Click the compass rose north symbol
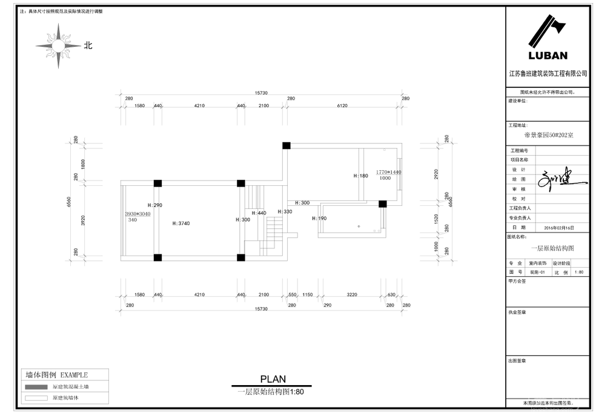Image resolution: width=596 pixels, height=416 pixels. coord(58,45)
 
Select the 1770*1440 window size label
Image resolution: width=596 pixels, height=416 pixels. coord(389,172)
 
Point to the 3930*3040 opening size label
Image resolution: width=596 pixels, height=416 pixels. coord(137,214)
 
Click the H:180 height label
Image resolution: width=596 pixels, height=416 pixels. coord(361,176)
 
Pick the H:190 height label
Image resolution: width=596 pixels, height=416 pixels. coord(319,218)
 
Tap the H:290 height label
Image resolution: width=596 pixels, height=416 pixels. coord(155,206)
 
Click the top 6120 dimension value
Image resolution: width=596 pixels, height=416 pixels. coord(342,106)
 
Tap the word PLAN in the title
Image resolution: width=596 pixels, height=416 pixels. coord(273,380)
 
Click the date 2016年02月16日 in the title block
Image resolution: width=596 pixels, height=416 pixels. coord(558,228)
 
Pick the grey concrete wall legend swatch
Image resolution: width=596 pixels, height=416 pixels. coord(36,386)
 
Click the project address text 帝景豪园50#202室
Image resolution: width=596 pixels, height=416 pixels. coord(548,135)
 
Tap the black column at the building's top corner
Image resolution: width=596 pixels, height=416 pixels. coord(286,145)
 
